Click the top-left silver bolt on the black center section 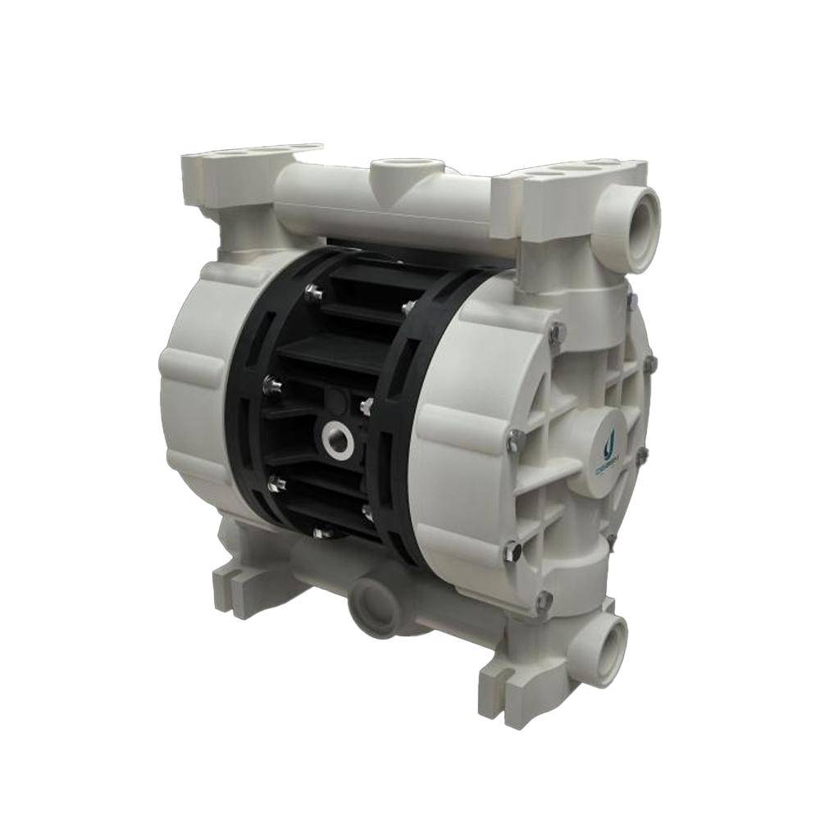pyautogui.click(x=312, y=291)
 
